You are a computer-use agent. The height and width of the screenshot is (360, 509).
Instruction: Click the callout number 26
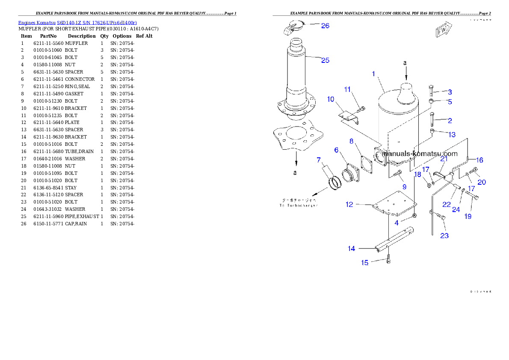point(325,26)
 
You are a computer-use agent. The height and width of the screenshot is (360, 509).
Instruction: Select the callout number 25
point(325,60)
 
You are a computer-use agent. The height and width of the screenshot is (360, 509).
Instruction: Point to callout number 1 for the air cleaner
point(373,74)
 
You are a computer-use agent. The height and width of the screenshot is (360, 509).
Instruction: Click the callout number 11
point(347,89)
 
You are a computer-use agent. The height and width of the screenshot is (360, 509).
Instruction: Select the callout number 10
point(331,99)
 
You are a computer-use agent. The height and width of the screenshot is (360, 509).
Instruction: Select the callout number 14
point(351,248)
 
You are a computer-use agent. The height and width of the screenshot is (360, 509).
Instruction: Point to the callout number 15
point(364,263)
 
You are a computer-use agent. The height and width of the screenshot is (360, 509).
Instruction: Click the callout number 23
point(444,236)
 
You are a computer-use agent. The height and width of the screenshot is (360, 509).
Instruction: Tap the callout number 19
point(468,217)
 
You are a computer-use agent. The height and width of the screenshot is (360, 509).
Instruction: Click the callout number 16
point(479,160)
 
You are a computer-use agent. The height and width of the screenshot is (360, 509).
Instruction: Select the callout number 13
point(452,135)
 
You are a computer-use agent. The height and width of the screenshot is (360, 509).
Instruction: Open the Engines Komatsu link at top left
point(77,23)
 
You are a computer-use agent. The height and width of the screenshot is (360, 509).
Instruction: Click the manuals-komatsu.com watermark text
point(420,154)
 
